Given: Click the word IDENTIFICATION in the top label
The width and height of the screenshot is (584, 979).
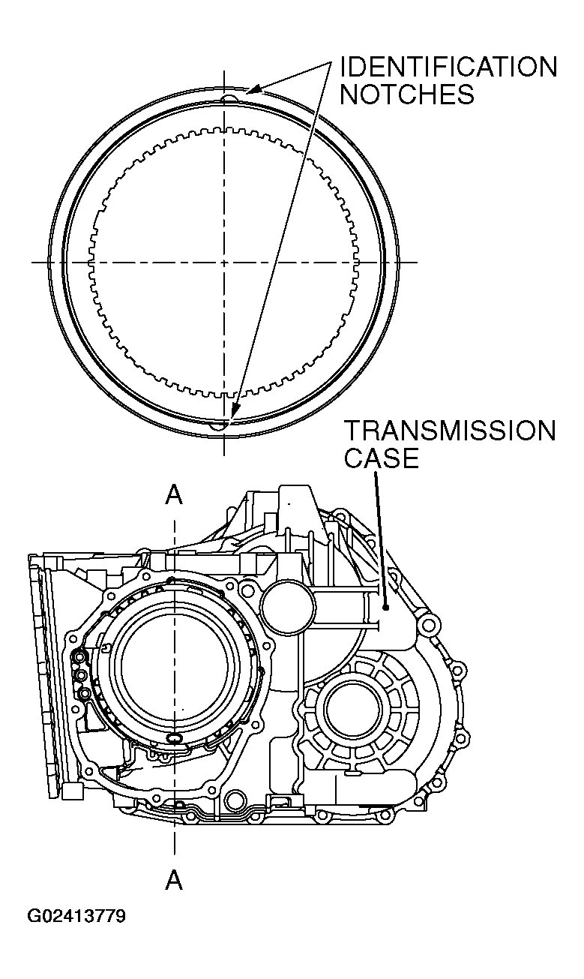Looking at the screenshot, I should point(448,68).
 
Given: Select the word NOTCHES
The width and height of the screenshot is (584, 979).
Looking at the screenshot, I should point(407,95).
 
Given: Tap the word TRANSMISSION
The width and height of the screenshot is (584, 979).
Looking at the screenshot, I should point(450,431).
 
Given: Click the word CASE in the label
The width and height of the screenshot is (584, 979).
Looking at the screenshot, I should point(381,458).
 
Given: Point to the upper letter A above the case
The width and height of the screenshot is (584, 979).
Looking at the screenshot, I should point(174,494).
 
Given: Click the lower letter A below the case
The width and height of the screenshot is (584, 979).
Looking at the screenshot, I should point(174,879).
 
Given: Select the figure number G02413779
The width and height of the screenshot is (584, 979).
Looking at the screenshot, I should point(76,917).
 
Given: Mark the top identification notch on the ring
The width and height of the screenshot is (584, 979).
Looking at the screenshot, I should point(232,97).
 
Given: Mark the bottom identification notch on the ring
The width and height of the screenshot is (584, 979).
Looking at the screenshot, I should point(219,425).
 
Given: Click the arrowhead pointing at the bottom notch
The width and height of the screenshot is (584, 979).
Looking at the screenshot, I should point(234,412).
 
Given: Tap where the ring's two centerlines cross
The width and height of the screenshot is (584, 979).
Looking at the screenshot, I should point(223,263).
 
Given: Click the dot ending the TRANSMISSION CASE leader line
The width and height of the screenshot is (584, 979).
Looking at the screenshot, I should point(385,608).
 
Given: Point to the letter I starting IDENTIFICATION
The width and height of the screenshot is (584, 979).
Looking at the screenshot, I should point(343,68).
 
